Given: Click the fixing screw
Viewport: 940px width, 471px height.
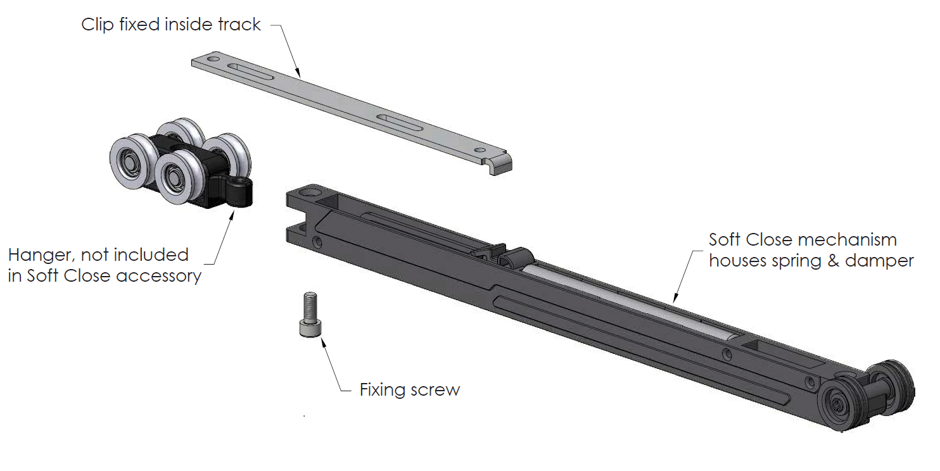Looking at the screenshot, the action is (x=310, y=315).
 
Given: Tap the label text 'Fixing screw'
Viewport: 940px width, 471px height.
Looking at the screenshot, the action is (x=410, y=390).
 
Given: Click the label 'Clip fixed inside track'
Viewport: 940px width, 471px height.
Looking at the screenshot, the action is (x=171, y=24).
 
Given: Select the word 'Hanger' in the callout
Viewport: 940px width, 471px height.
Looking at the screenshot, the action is (x=41, y=255).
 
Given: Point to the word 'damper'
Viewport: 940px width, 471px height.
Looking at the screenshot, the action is (x=879, y=260).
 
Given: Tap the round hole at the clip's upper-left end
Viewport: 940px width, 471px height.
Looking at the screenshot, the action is (x=213, y=58).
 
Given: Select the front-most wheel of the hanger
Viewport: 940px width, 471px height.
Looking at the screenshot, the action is (x=179, y=177).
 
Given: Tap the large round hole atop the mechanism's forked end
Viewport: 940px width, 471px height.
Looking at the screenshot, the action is (x=310, y=192).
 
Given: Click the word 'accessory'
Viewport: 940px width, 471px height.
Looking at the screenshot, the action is (x=158, y=277).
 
